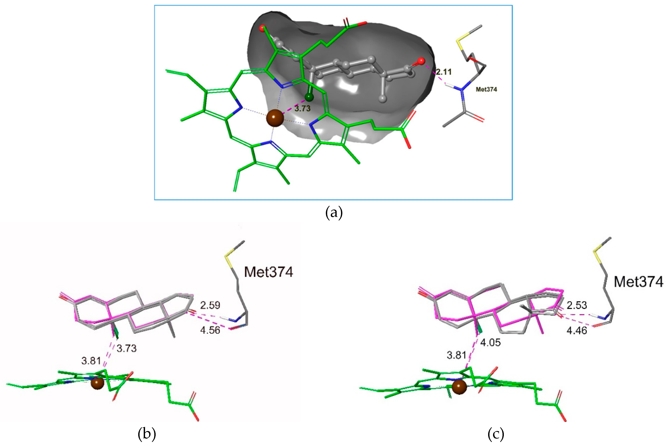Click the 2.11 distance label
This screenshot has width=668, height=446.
pos(444,72)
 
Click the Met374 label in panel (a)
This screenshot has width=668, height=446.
pos(486,89)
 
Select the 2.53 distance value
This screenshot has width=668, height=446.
pos(577,305)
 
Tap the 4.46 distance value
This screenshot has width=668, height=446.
pos(577,331)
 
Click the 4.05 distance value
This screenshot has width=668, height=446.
pos(490,342)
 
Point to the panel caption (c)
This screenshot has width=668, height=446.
pos(496,434)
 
